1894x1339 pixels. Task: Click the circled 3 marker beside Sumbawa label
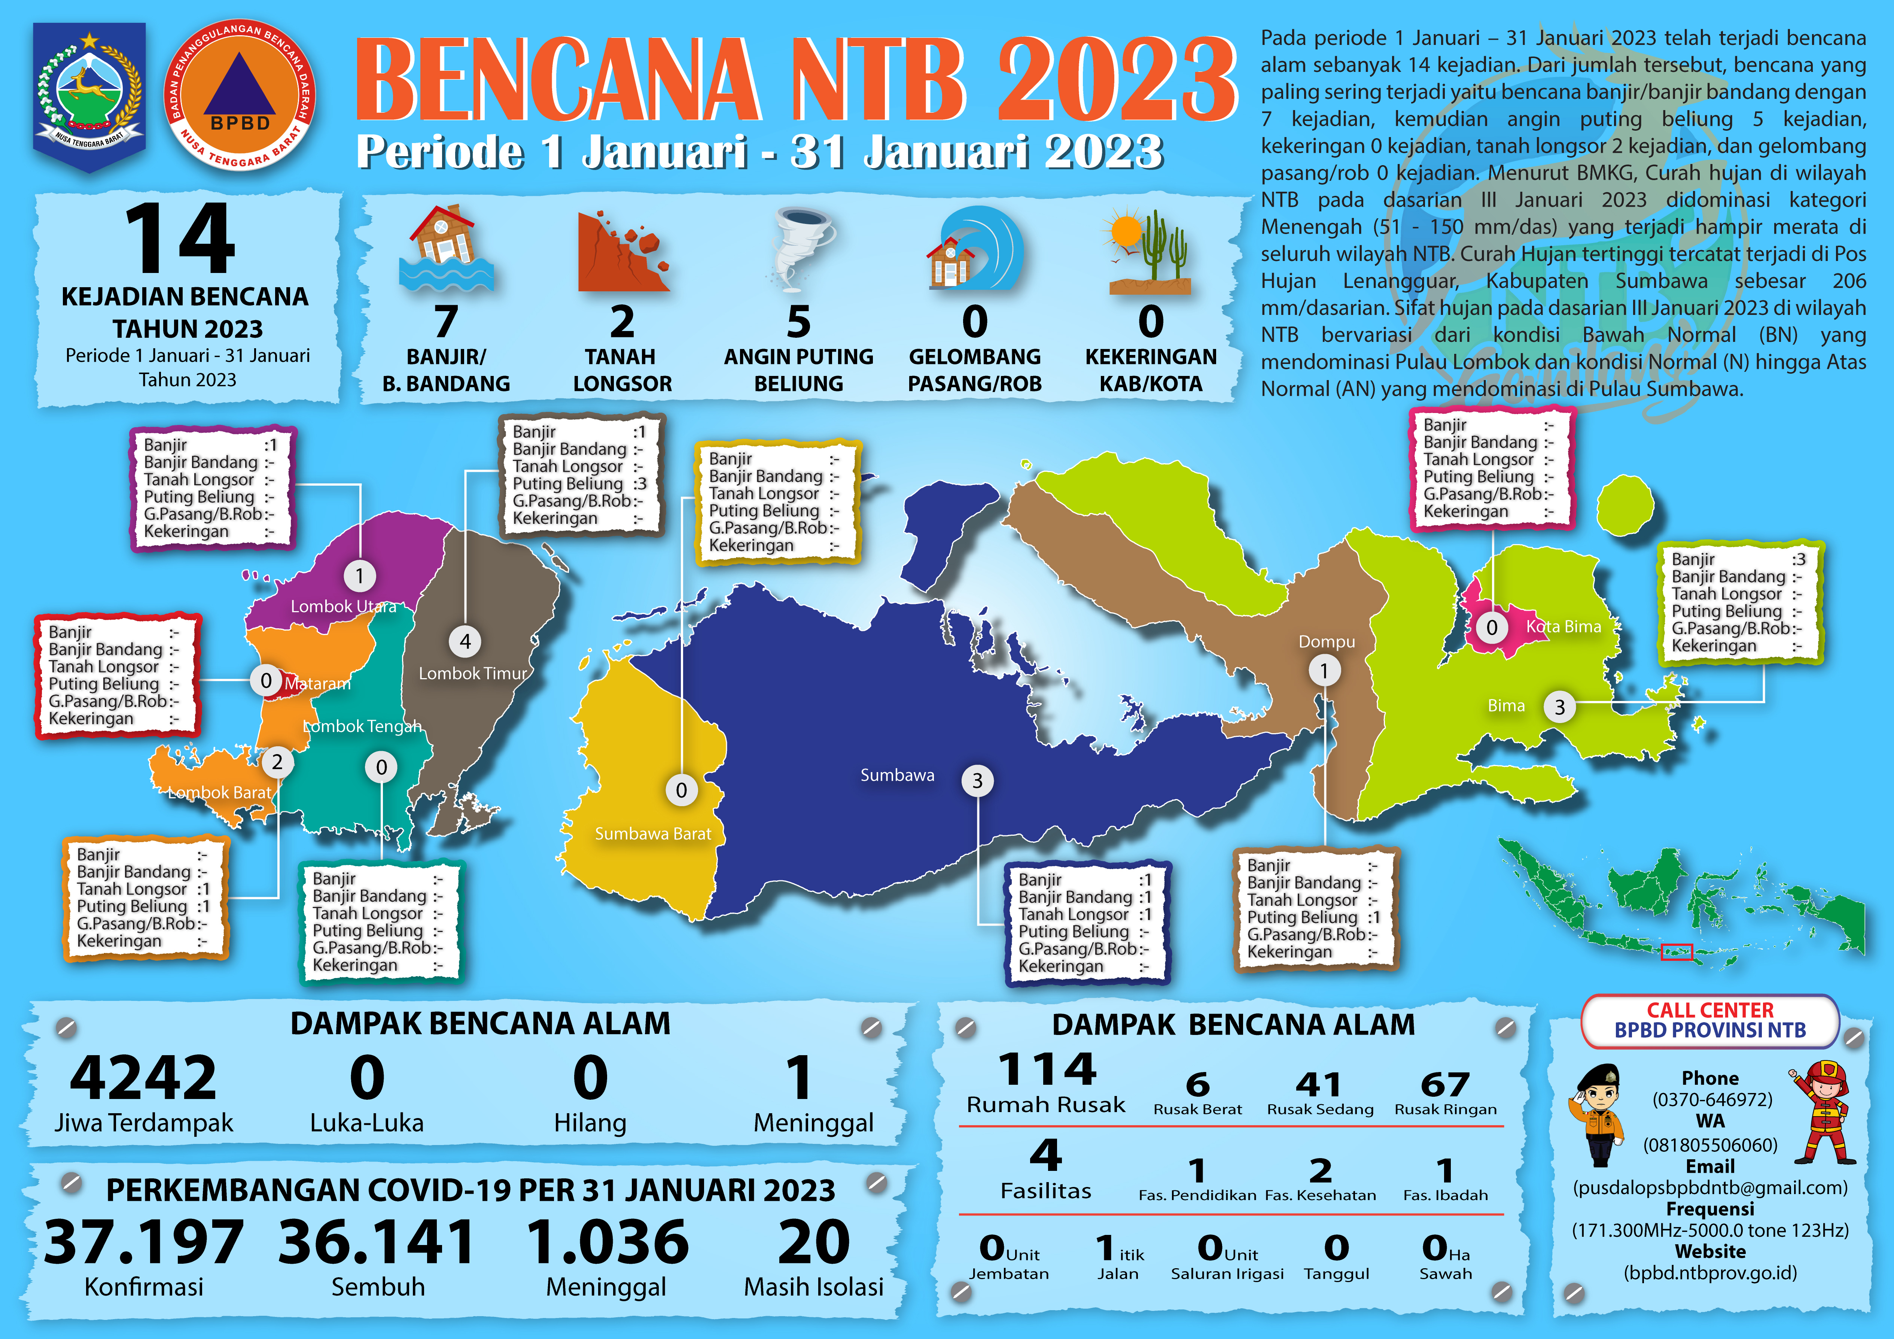[978, 780]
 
